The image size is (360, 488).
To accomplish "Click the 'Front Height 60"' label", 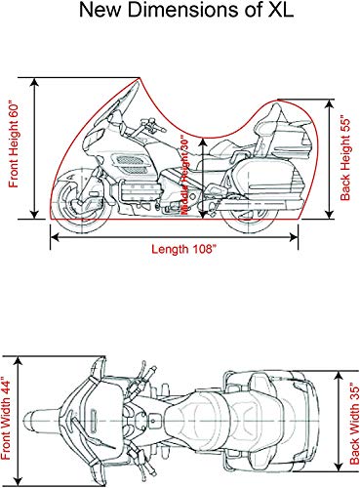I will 15,146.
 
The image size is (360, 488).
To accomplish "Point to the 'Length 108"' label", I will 181,248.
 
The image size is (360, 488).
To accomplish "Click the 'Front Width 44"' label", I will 11,418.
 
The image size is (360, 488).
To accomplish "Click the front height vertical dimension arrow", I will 36,146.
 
